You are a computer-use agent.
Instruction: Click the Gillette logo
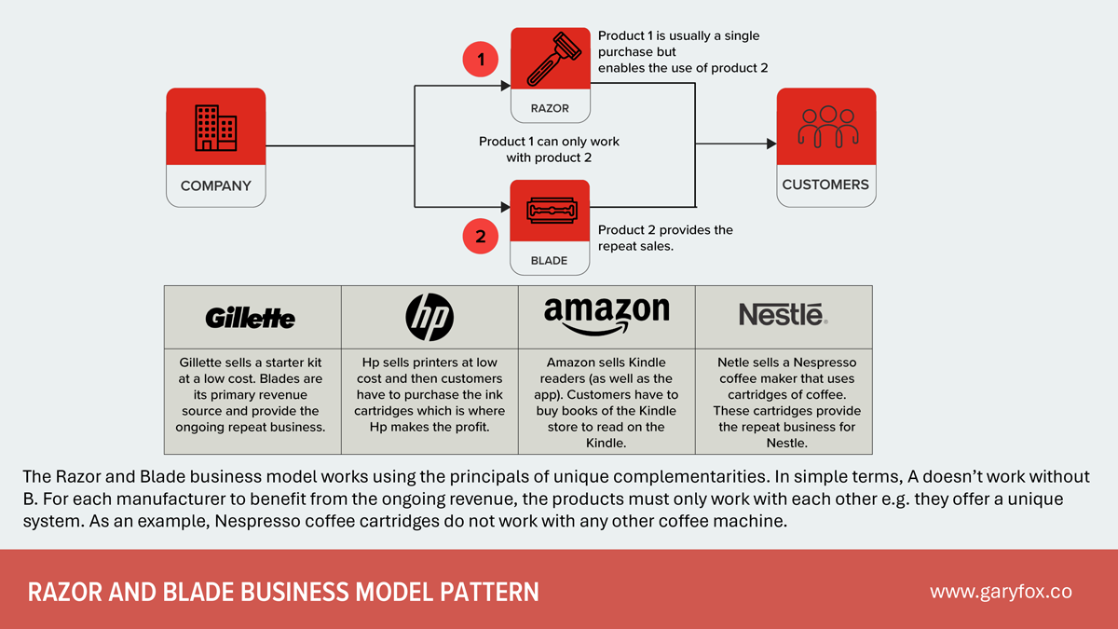coord(251,319)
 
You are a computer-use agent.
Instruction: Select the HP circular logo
coord(429,318)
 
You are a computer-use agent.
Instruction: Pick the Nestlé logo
coord(783,316)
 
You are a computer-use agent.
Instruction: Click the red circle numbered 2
coord(481,237)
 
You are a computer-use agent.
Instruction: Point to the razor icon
coord(550,59)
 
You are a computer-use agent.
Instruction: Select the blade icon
coord(550,212)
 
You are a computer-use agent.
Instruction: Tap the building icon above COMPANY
coord(215,128)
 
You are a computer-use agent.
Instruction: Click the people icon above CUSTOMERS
coord(826,127)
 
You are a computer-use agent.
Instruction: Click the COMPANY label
coord(215,185)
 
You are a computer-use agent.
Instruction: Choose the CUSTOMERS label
coord(825,185)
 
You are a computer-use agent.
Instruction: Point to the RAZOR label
coord(550,108)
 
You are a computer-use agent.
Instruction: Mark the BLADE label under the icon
coord(550,261)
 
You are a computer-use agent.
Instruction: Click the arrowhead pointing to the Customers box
coord(770,144)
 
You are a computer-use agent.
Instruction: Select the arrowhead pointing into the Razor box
coord(505,86)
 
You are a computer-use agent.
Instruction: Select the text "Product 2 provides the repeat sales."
coord(665,239)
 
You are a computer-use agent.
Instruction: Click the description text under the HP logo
coord(429,395)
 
